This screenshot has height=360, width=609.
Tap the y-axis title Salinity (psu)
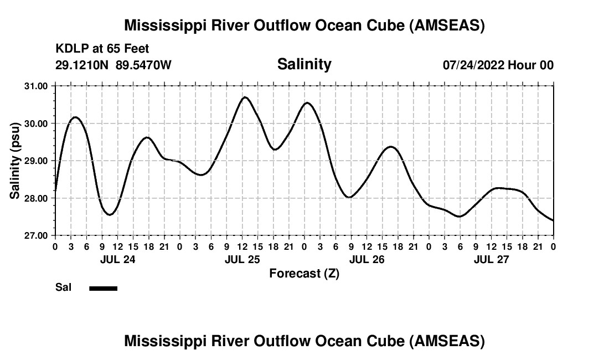click(15, 161)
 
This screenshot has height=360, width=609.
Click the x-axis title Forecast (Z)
click(304, 273)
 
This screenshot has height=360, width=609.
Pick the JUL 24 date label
click(117, 259)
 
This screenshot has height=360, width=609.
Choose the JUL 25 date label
click(242, 259)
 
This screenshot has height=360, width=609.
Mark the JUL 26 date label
click(367, 259)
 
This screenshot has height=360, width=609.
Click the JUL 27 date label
click(491, 259)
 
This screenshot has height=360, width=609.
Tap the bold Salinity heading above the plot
click(304, 64)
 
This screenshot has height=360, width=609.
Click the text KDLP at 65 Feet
click(102, 49)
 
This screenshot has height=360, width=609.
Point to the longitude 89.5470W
click(144, 65)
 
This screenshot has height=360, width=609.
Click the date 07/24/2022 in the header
click(473, 65)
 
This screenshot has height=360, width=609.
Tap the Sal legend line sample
click(104, 288)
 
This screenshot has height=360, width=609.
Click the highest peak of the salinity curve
click(245, 97)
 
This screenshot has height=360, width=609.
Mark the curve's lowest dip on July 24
click(110, 214)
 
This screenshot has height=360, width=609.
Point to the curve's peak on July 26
click(391, 147)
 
